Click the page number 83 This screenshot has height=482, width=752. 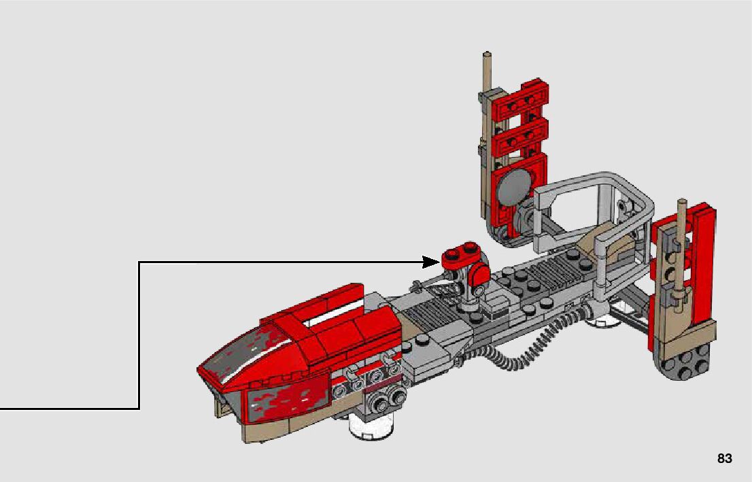point(725,458)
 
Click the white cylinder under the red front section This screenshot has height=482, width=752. point(372,424)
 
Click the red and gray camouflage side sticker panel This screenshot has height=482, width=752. point(288,398)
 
